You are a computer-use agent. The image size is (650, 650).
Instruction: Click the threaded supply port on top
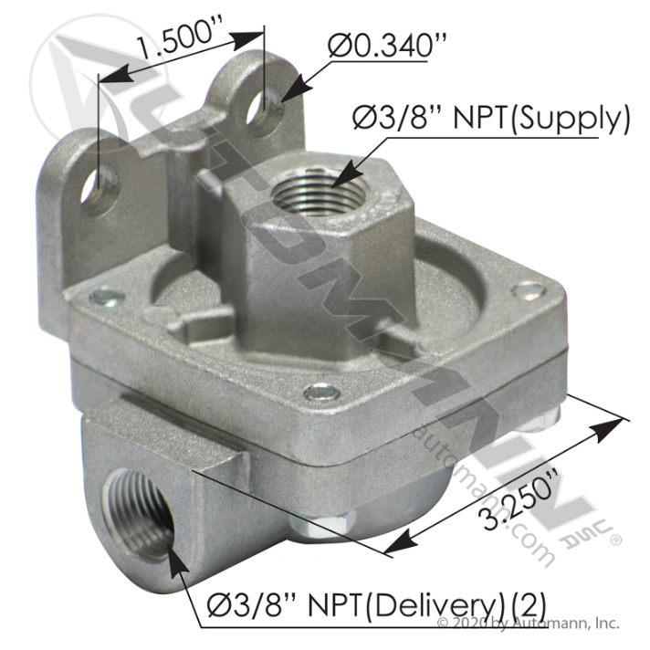[x=319, y=192]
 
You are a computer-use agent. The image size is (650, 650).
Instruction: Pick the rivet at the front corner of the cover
[x=320, y=392]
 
